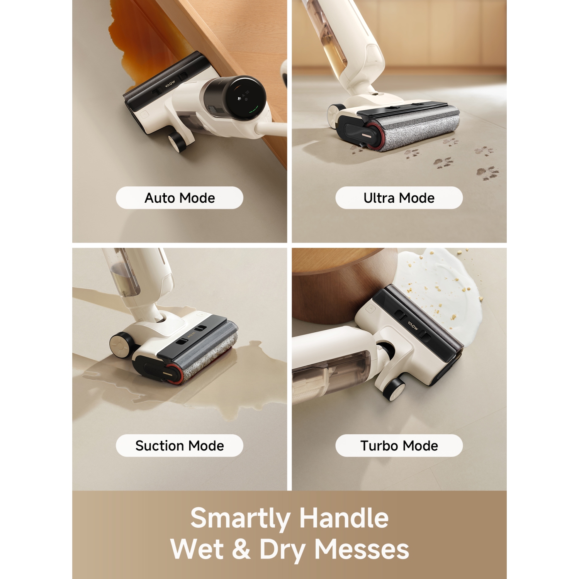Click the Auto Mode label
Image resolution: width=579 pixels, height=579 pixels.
click(x=180, y=198)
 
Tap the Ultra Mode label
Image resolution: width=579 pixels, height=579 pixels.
click(x=399, y=198)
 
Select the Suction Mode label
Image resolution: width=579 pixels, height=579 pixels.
click(x=180, y=446)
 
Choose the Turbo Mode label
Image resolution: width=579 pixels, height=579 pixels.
click(x=399, y=446)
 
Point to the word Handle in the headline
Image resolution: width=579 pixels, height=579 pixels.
click(x=344, y=517)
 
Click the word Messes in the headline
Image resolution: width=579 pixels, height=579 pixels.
click(x=362, y=549)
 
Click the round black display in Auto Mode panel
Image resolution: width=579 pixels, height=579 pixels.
click(x=245, y=98)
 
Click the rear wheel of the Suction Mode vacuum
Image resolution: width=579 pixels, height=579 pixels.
click(x=120, y=344)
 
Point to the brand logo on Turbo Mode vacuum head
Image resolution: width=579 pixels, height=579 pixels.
click(x=413, y=325)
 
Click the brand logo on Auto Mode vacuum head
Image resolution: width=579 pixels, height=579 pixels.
click(x=170, y=84)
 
